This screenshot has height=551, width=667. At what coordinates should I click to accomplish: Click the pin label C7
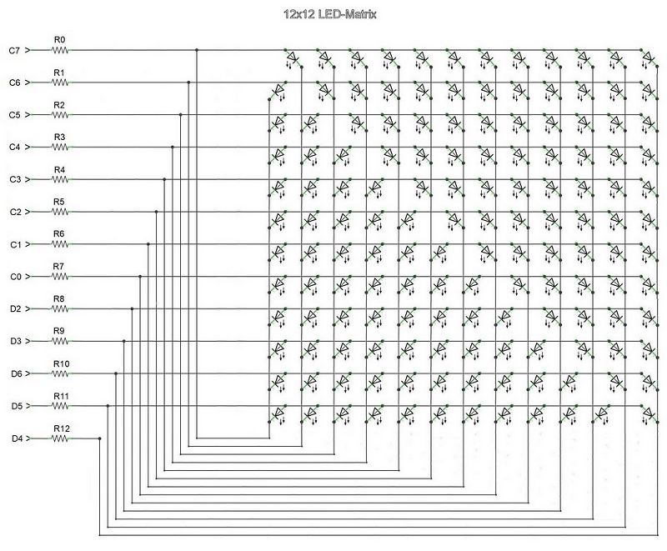[x=14, y=50]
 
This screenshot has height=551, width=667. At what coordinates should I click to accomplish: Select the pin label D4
[x=14, y=438]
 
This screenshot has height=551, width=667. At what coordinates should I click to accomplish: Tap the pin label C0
[x=14, y=277]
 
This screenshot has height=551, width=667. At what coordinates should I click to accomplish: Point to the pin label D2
[x=14, y=309]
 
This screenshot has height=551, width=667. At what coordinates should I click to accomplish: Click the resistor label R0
[x=59, y=39]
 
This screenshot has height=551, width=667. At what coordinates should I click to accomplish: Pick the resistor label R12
[x=61, y=428]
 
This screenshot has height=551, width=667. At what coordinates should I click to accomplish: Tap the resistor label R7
[x=59, y=266]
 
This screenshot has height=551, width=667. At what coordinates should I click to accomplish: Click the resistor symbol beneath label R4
[x=60, y=179]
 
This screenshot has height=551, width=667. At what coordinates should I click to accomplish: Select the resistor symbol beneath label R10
[x=60, y=373]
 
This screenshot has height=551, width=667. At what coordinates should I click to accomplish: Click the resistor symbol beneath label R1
[x=60, y=83]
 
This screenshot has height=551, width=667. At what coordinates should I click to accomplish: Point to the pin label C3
[x=14, y=179]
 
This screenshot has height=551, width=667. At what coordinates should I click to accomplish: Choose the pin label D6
[x=14, y=373]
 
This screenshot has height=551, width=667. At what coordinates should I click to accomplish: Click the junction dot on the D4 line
[x=99, y=438]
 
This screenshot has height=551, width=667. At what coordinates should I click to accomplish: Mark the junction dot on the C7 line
[x=197, y=50]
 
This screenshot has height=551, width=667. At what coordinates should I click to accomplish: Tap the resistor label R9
[x=59, y=331]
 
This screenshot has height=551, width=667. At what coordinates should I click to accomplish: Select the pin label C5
[x=14, y=115]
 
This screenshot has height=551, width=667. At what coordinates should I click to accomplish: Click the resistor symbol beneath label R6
[x=60, y=244]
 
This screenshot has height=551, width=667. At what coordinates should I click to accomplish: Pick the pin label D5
[x=14, y=406]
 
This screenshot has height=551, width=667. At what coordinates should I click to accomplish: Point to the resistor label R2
[x=59, y=104]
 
